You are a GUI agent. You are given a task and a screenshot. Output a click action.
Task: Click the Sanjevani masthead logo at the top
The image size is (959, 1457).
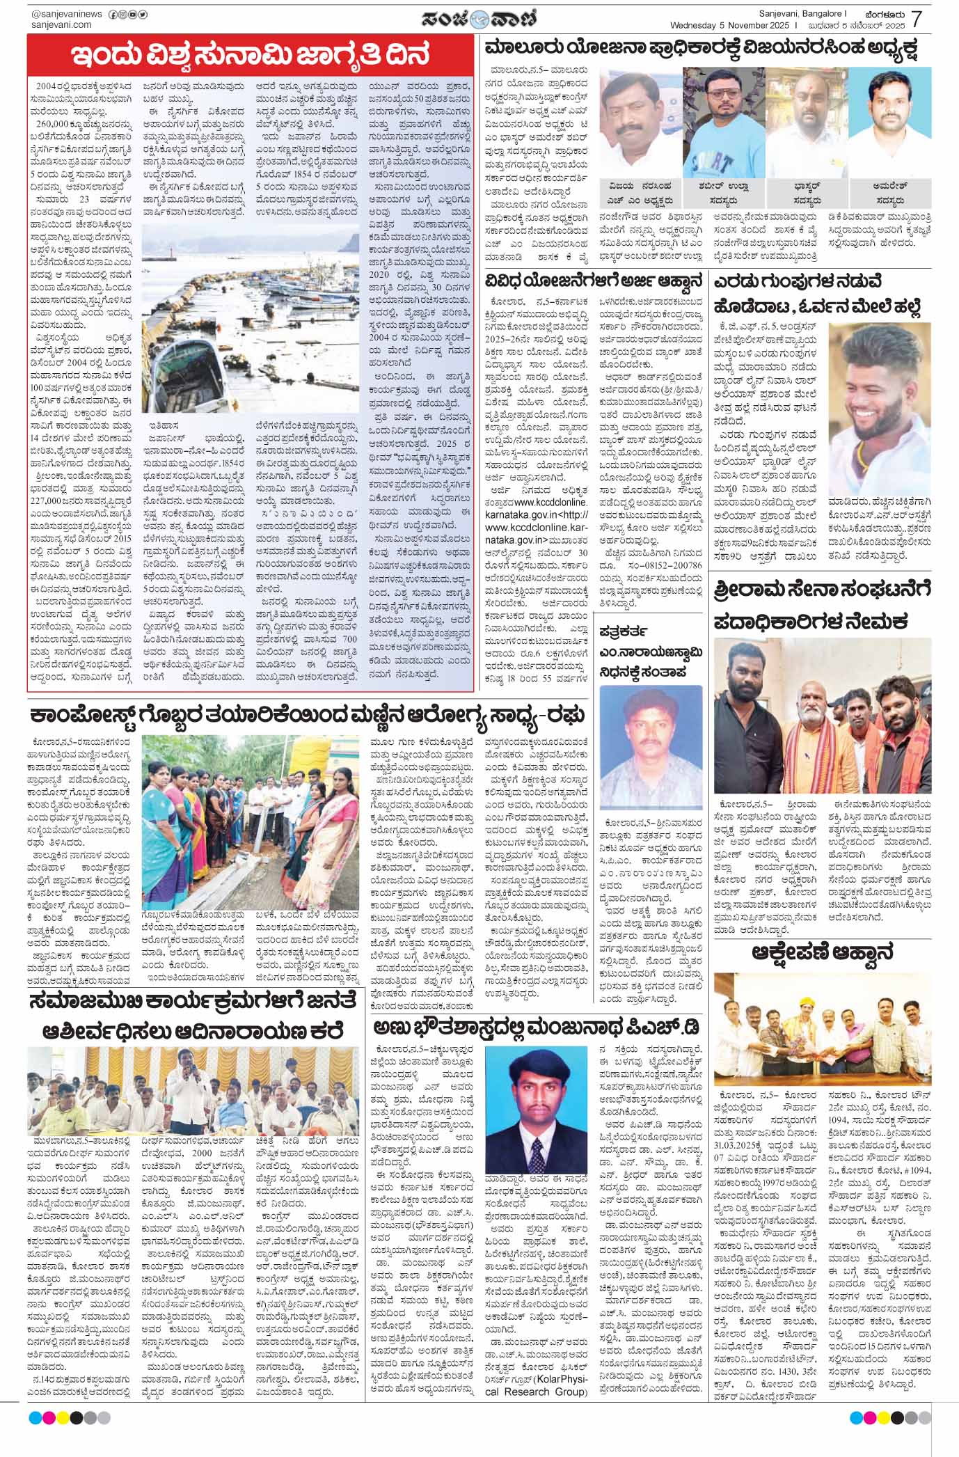[x=480, y=17]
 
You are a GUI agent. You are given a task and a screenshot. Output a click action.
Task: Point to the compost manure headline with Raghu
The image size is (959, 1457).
[x=306, y=716]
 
